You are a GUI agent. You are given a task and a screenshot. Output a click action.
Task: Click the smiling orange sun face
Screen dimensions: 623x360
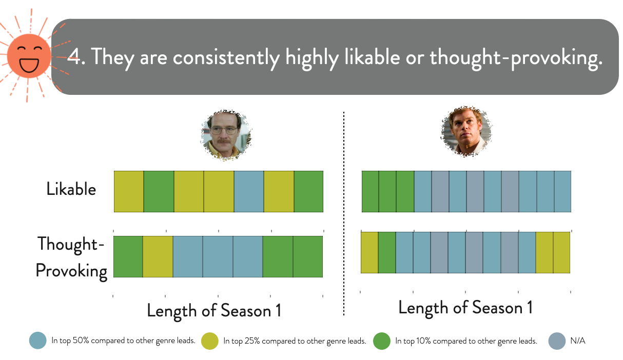pos(29,56)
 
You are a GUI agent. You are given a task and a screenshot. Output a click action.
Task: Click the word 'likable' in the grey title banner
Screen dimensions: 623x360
pos(372,57)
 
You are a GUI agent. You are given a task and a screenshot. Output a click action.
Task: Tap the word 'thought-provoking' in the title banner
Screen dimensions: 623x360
pos(516,58)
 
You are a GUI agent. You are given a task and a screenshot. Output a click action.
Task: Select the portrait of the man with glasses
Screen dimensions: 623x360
pos(226,135)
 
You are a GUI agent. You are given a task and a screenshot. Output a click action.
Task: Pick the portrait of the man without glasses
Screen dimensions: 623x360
pos(466,131)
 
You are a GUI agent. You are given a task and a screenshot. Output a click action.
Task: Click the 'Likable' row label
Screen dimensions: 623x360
pos(71,189)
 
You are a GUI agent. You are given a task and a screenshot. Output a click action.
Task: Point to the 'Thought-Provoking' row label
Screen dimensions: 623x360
pos(71,257)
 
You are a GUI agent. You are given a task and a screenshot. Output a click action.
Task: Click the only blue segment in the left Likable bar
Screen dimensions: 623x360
pos(249,191)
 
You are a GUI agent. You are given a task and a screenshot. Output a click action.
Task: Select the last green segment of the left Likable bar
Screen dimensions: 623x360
pos(308,191)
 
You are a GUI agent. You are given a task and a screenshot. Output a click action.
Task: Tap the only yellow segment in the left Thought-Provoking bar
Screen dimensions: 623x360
pos(158,256)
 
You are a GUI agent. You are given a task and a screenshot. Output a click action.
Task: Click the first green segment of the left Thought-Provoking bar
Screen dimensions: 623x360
pos(128,256)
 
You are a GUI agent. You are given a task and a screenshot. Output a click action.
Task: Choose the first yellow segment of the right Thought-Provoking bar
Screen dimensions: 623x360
pos(369,252)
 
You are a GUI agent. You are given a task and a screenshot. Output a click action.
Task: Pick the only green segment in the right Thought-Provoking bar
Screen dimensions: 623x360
pos(387,252)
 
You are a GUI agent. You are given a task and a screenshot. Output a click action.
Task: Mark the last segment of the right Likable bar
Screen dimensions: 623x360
pos(562,191)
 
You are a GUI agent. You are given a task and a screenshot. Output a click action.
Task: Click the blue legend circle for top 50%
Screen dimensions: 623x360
pos(38,341)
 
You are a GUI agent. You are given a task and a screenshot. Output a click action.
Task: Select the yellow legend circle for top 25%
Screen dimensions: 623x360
pos(210,341)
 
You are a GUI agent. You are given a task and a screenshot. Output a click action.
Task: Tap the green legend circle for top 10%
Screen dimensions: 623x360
pos(382,341)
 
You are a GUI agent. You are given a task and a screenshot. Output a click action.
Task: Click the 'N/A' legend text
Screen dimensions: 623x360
pos(578,341)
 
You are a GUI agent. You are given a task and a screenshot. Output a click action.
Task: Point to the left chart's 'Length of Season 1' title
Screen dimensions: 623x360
pos(214,311)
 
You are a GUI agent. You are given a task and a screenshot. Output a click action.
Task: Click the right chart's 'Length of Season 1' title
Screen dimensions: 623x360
pos(465,308)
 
